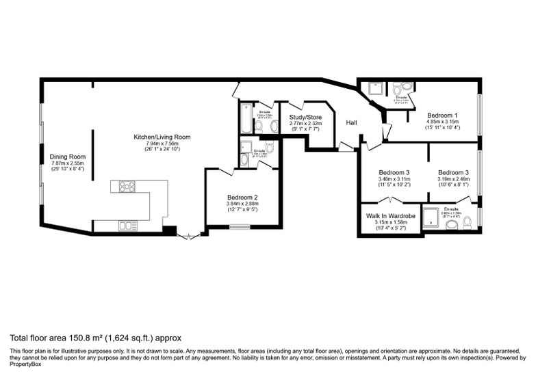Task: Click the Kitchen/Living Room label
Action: click(162, 137)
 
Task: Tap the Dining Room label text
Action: click(67, 156)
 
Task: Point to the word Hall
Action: click(351, 122)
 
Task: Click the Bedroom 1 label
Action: click(443, 115)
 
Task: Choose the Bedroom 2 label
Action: click(242, 197)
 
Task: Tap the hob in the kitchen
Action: click(127, 186)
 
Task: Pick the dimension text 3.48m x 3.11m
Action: click(393, 179)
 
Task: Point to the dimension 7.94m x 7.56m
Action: click(162, 143)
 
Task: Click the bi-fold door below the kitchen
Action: click(186, 236)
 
